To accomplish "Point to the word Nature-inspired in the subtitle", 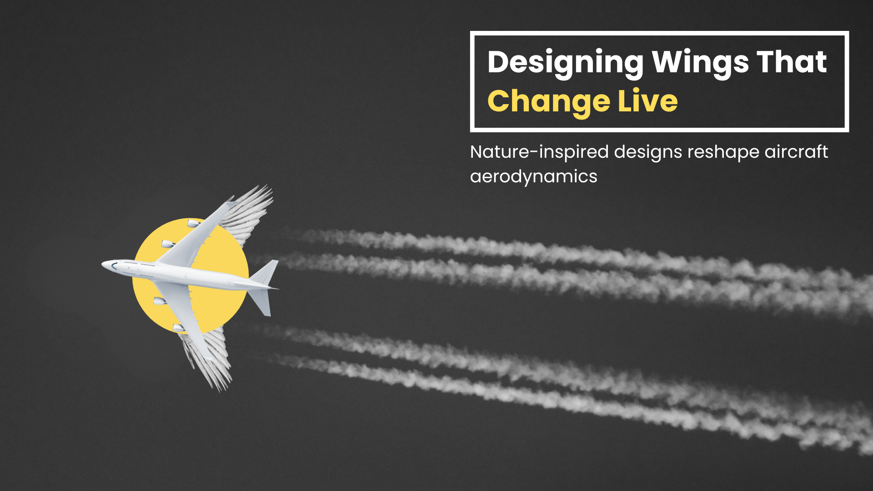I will pyautogui.click(x=539, y=152).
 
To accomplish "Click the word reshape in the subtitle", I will pyautogui.click(x=723, y=152).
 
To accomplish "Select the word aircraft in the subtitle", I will pyautogui.click(x=796, y=152).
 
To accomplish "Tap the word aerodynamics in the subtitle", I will pyautogui.click(x=533, y=176).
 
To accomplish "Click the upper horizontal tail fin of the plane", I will pyautogui.click(x=266, y=272).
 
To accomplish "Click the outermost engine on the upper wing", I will pyautogui.click(x=194, y=223).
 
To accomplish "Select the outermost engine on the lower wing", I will pyautogui.click(x=178, y=328).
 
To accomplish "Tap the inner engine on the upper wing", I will pyautogui.click(x=168, y=244).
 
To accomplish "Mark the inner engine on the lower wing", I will pyautogui.click(x=160, y=301).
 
